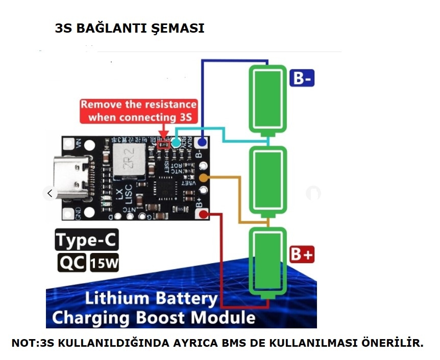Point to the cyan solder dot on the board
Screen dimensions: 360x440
[176, 143]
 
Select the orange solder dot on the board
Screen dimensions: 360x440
[203, 178]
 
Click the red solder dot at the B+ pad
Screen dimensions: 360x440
[203, 215]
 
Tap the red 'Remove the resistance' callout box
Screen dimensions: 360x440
[138, 111]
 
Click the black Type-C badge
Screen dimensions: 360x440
[87, 240]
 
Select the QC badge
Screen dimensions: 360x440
[71, 263]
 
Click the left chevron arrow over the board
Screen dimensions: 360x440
[50, 193]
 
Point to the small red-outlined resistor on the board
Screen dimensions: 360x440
[163, 144]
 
